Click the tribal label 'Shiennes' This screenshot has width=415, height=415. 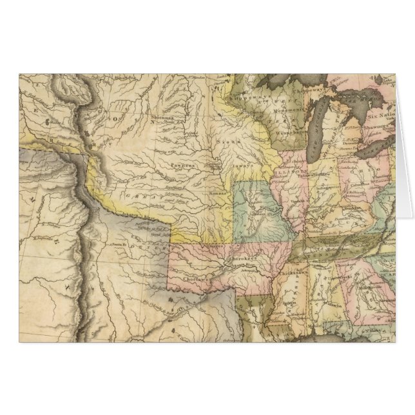[164, 119]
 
